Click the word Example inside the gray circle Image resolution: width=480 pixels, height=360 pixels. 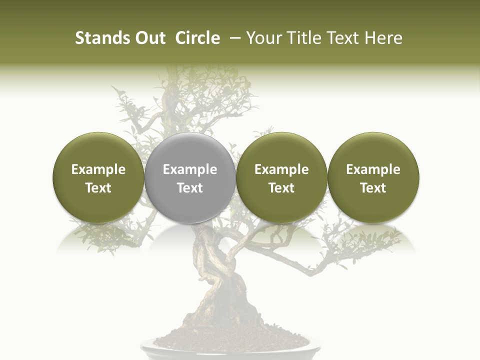(190, 169)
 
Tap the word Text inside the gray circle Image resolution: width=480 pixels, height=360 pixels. (190, 188)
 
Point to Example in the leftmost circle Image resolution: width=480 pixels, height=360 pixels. (98, 169)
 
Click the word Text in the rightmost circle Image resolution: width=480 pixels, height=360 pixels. (373, 188)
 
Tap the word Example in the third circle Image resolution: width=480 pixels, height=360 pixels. (281, 169)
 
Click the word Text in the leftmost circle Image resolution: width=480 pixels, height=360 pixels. (98, 188)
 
